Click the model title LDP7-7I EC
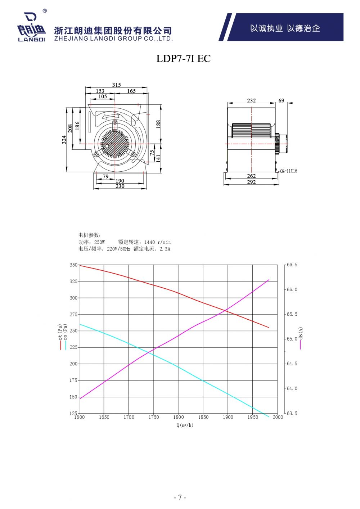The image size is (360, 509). tap(183, 59)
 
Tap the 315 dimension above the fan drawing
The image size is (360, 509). tap(116, 85)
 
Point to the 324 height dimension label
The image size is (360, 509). tap(64, 140)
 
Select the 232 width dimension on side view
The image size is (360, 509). tap(251, 100)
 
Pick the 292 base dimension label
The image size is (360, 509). tap(251, 182)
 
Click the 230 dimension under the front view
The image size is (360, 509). tap(120, 186)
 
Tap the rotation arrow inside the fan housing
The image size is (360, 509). tap(110, 117)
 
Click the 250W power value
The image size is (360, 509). tap(100, 242)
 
